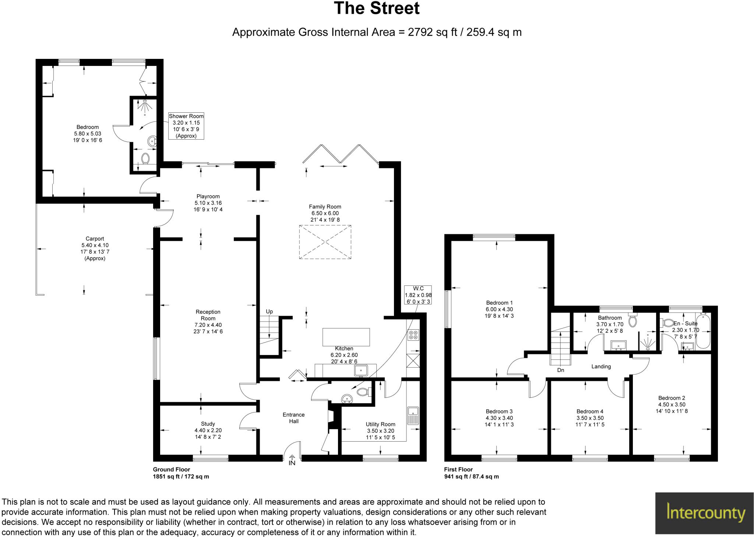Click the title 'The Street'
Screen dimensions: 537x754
[x=376, y=9]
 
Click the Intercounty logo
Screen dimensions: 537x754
[x=704, y=513]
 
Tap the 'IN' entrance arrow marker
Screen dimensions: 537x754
[x=292, y=461]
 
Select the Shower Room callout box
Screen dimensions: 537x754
[x=186, y=126]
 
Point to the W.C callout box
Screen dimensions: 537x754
[x=418, y=295]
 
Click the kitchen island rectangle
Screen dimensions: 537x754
[x=346, y=337]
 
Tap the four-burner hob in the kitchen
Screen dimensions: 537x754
[x=413, y=334]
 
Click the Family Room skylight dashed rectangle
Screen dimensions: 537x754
[x=325, y=242]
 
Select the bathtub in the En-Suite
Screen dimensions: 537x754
[x=703, y=331]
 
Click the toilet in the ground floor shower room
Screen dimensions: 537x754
[x=145, y=158]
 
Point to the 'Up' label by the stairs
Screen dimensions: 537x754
[x=269, y=312]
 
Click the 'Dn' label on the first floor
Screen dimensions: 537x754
[x=560, y=370]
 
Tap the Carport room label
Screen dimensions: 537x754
[x=95, y=239]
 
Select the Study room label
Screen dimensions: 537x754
[x=208, y=424]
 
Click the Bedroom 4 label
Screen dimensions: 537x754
[x=590, y=411]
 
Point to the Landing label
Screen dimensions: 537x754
[x=601, y=366]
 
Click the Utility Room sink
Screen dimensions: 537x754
[x=413, y=415]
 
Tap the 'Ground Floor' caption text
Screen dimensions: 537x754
[x=172, y=470]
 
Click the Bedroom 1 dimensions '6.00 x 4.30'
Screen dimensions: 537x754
[x=499, y=309]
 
